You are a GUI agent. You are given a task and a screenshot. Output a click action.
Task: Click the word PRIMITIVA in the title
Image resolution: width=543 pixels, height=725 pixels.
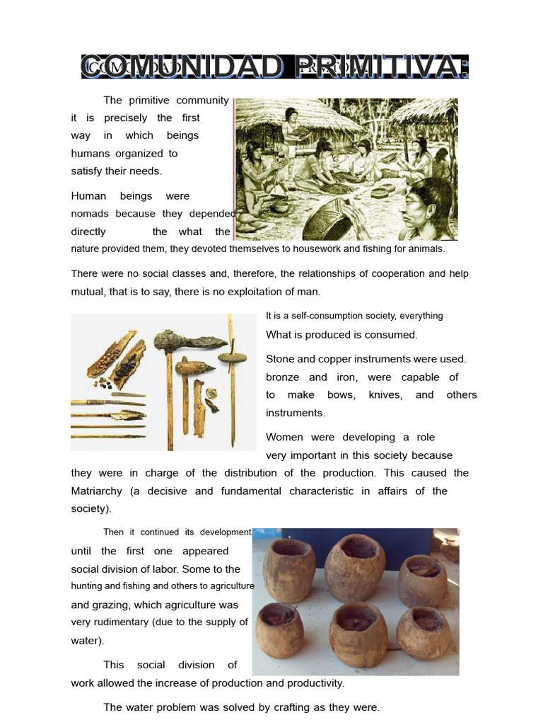379,67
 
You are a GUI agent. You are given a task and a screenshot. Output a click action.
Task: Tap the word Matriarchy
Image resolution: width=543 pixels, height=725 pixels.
97,491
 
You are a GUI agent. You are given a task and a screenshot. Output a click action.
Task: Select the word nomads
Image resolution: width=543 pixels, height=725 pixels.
90,213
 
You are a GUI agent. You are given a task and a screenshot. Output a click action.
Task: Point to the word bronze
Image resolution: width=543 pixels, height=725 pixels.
282,377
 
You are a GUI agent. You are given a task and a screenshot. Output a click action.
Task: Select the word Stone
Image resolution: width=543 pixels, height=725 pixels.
281,359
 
